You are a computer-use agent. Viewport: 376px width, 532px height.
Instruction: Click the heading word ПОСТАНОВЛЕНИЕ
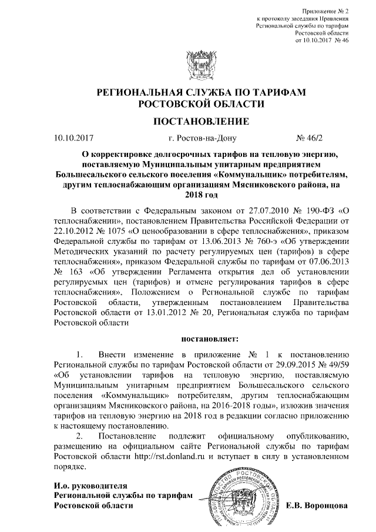(197, 121)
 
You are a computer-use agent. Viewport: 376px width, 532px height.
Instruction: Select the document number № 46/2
(311, 139)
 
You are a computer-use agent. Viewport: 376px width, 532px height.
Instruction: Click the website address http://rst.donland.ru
(170, 456)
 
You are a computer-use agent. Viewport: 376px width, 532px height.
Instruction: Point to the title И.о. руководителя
(90, 486)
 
